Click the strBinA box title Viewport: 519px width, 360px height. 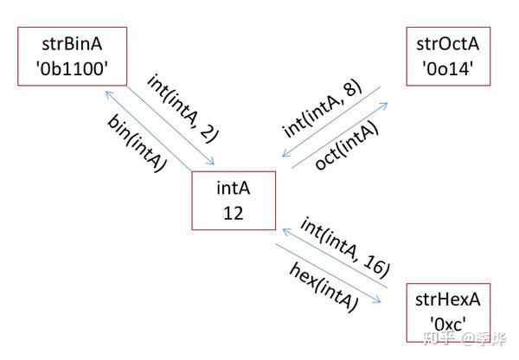pos(72,44)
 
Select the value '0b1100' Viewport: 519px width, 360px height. pos(72,69)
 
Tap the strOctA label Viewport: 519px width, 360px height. pos(448,44)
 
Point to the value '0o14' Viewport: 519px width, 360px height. pos(448,69)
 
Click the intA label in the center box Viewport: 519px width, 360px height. pos(234,188)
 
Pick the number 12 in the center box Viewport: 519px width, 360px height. pos(234,213)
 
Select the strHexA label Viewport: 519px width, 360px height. pos(448,299)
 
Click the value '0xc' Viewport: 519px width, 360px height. pos(448,325)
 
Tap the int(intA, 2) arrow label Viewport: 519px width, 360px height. pos(183,109)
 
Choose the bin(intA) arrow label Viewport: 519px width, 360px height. pos(137,143)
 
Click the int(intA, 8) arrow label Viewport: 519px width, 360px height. pos(323,108)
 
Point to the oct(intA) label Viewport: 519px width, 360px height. pos(347,145)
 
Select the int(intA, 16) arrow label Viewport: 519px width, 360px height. pos(345,247)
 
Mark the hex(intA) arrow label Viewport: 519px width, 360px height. pos(324,286)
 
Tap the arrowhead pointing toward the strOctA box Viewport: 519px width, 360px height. pos(385,105)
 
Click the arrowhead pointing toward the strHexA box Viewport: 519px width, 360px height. pos(377,300)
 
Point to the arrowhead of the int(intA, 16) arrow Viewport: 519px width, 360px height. pos(285,230)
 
